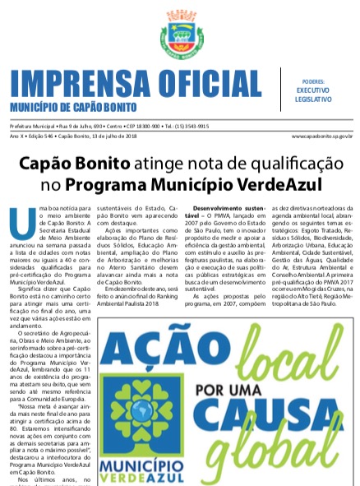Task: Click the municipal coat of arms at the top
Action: pos(180,33)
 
